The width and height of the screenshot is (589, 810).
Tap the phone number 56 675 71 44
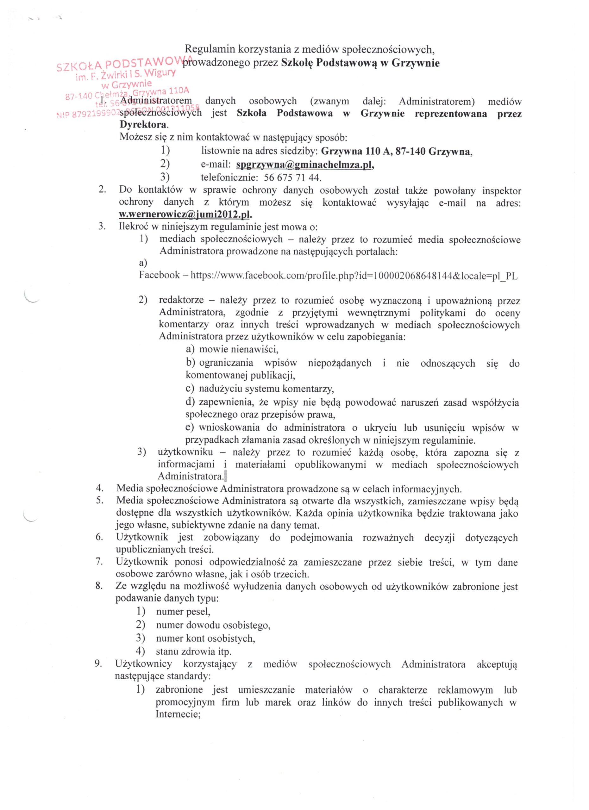click(x=292, y=178)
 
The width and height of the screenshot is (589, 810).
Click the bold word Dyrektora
click(x=143, y=125)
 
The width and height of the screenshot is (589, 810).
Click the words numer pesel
click(x=183, y=612)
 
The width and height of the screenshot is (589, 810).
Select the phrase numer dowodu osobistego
click(x=213, y=625)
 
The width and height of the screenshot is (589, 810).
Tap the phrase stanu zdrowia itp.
click(x=194, y=651)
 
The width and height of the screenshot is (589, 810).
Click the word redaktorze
click(x=181, y=300)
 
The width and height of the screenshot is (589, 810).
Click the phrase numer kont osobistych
click(x=205, y=638)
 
